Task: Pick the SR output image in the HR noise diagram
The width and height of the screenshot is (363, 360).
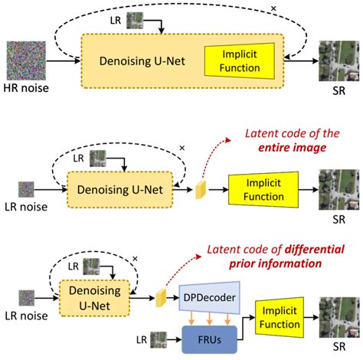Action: [x=338, y=62]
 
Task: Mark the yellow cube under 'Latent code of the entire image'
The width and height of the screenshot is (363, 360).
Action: [x=202, y=187]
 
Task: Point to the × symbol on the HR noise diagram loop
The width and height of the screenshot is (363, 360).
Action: [x=273, y=8]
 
